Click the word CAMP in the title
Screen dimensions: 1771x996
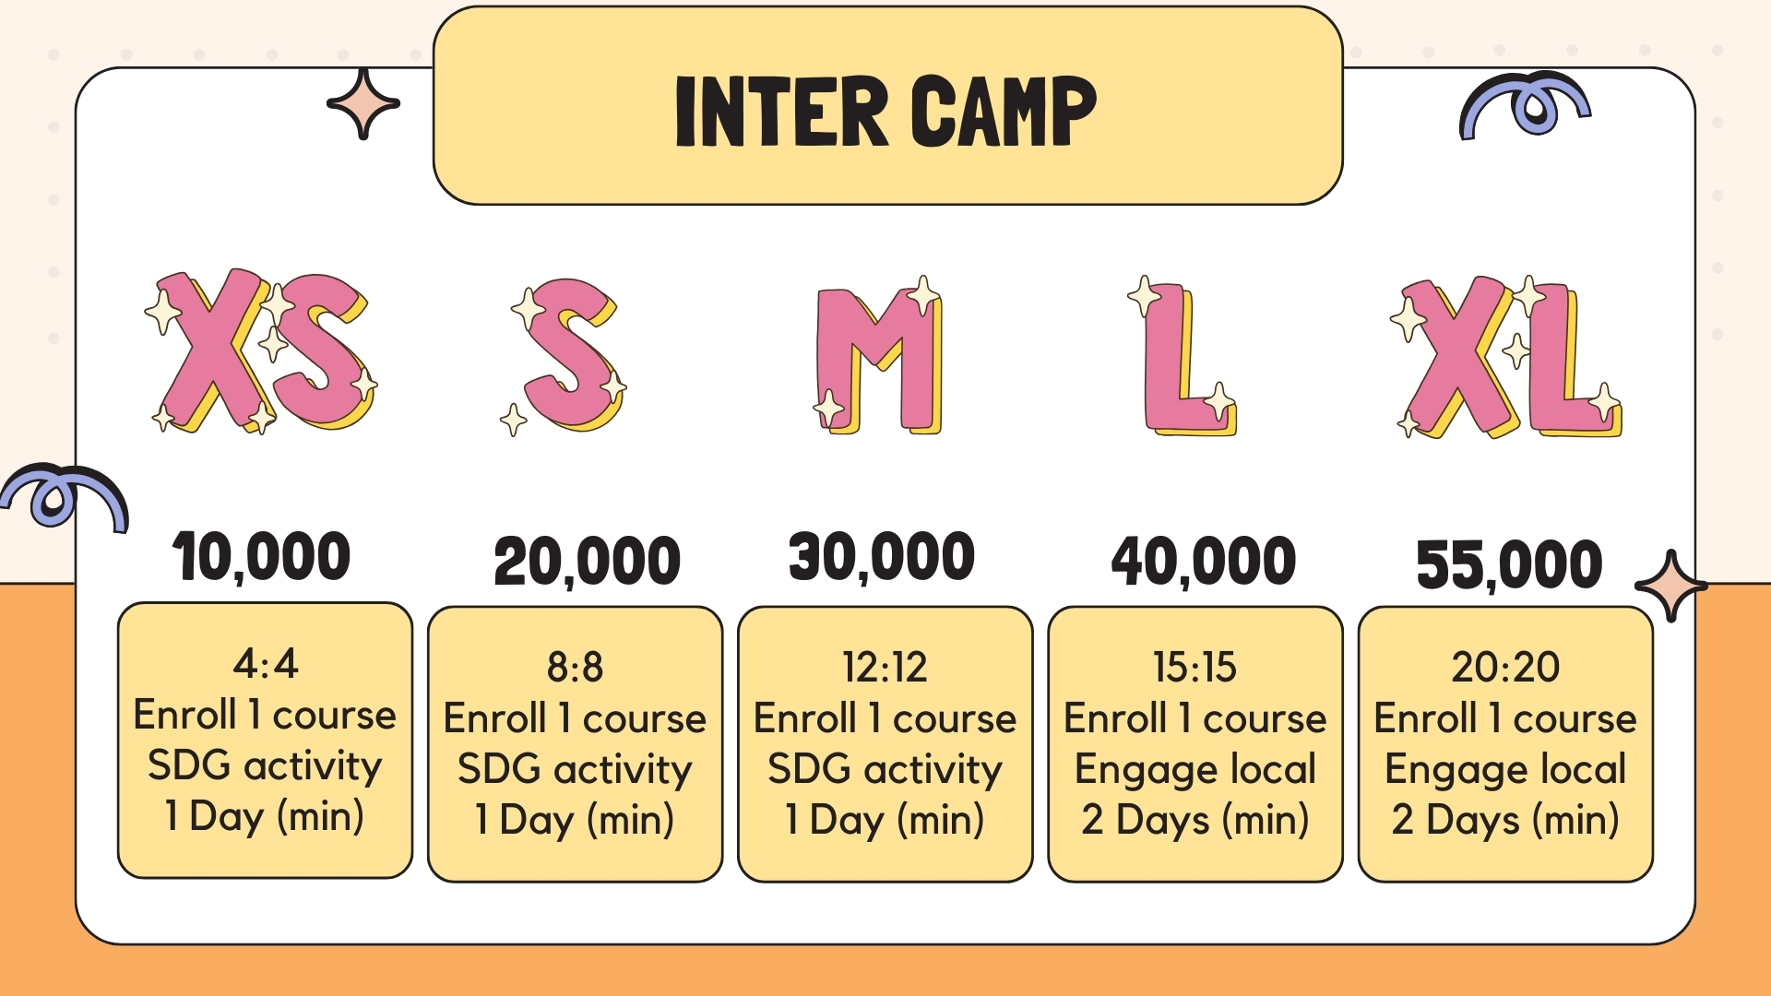tap(1004, 111)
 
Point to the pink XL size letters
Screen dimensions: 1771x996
tap(1506, 357)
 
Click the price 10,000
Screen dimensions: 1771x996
tap(261, 557)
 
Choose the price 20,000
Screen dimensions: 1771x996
tap(587, 562)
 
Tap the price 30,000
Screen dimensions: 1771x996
tap(882, 557)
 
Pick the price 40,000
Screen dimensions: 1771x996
tap(1204, 562)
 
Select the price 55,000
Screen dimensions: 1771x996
tap(1509, 564)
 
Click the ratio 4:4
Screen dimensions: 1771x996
tap(266, 663)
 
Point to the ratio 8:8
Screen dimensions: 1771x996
tap(575, 667)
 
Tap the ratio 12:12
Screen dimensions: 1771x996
tap(885, 667)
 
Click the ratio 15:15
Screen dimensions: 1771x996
tap(1195, 667)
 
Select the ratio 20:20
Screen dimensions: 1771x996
tap(1505, 667)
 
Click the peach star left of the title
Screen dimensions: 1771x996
tap(363, 103)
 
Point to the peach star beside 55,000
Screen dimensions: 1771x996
tap(1670, 586)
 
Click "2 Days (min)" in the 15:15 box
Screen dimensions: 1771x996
tap(1195, 820)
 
